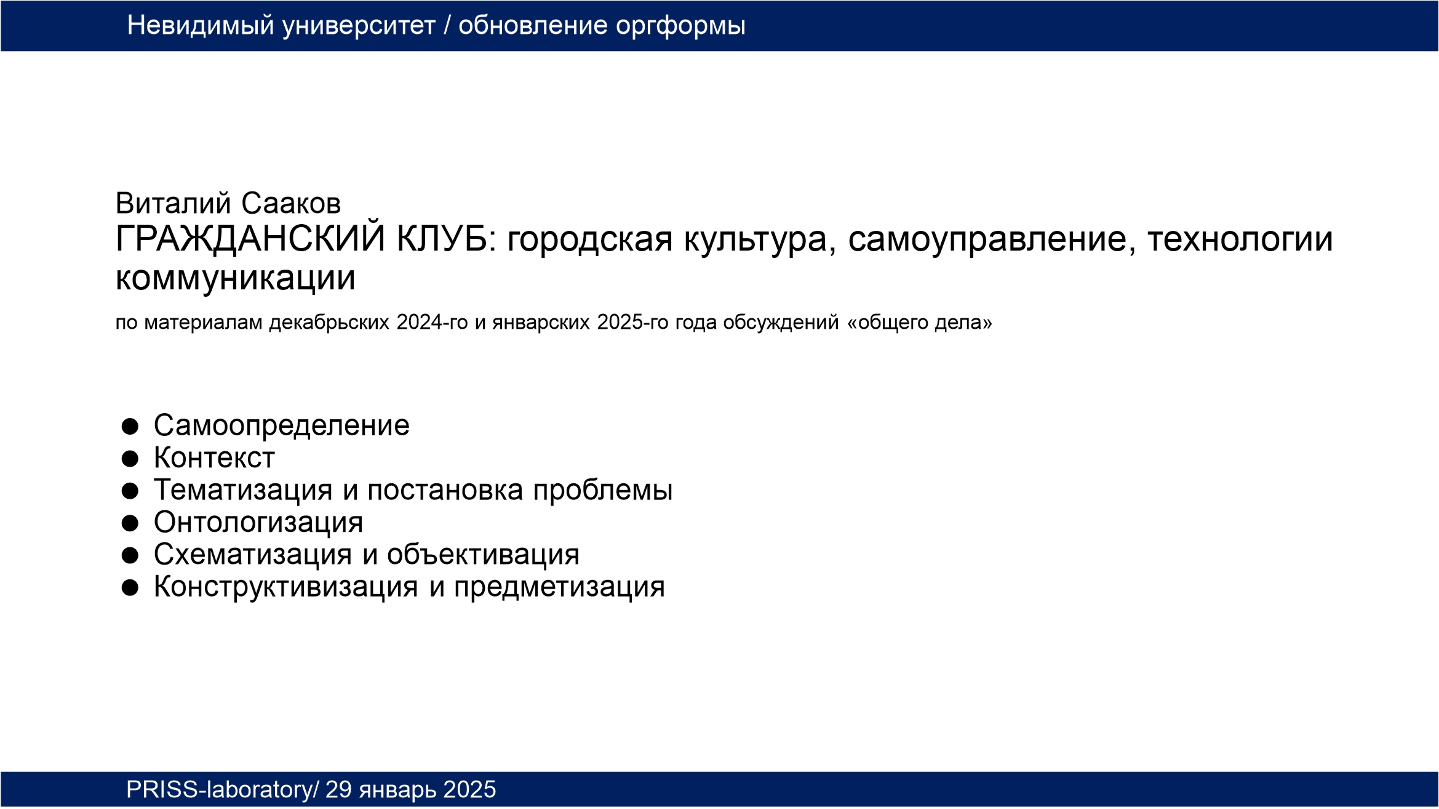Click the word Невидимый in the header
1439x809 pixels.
pos(201,26)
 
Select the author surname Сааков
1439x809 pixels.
pos(290,204)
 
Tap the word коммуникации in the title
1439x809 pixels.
pos(236,278)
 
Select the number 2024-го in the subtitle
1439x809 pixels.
pos(432,322)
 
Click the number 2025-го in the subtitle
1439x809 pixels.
pos(632,322)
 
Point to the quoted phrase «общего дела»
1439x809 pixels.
pos(920,323)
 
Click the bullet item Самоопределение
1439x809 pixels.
pos(282,425)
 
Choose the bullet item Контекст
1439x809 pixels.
pos(214,458)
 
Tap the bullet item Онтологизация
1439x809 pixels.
pos(258,523)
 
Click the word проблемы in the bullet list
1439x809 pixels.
pos(603,491)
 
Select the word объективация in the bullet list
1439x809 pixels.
pos(483,555)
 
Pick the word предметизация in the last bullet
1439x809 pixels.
pos(559,587)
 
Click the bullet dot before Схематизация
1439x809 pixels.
pos(130,555)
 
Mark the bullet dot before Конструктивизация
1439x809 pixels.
pos(130,588)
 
